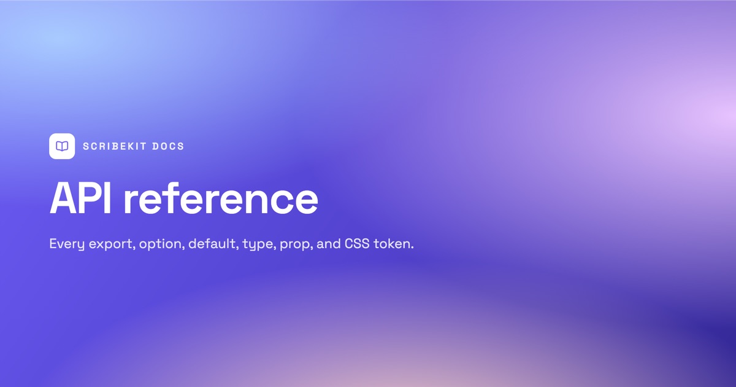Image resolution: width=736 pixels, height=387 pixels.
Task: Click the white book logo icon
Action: (x=62, y=146)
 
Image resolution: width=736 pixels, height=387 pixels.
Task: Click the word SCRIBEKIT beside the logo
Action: (x=113, y=146)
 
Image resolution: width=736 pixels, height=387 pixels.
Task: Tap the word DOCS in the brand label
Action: (x=168, y=146)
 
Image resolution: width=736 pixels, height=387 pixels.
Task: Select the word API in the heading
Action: (x=80, y=198)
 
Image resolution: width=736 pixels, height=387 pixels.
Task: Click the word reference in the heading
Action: (x=221, y=198)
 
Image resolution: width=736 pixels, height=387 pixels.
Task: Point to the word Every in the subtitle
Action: (x=67, y=244)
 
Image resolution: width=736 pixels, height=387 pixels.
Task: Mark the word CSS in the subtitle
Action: (x=357, y=243)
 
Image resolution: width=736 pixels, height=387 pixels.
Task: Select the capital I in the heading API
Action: (x=109, y=198)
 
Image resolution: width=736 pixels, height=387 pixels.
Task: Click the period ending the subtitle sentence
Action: (x=412, y=248)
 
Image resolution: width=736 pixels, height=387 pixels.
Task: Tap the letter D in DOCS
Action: (x=155, y=146)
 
